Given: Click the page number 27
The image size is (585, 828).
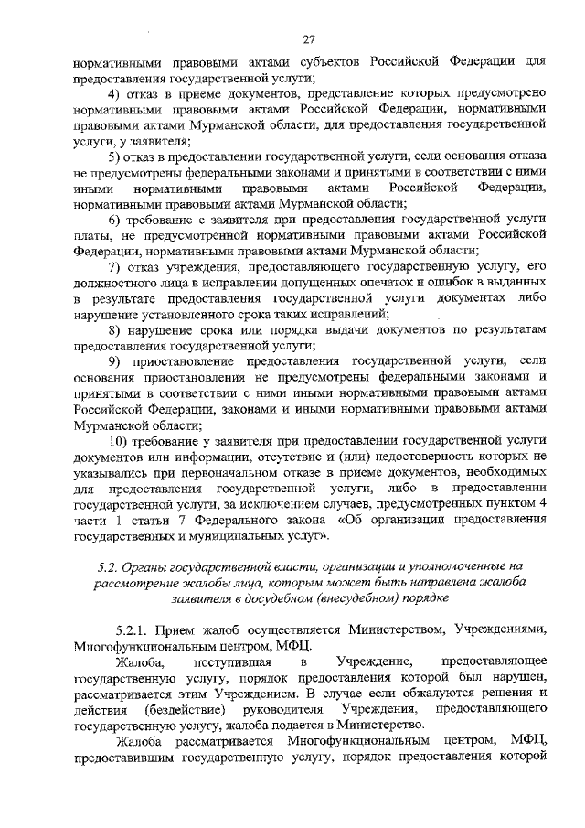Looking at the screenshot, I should click(308, 38).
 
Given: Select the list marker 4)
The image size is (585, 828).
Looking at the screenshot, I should click(116, 93).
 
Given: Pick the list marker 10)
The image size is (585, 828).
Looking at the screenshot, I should click(120, 439).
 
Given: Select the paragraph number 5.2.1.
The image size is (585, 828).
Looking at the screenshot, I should click(133, 630).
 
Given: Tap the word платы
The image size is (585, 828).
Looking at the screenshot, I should click(91, 235).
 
